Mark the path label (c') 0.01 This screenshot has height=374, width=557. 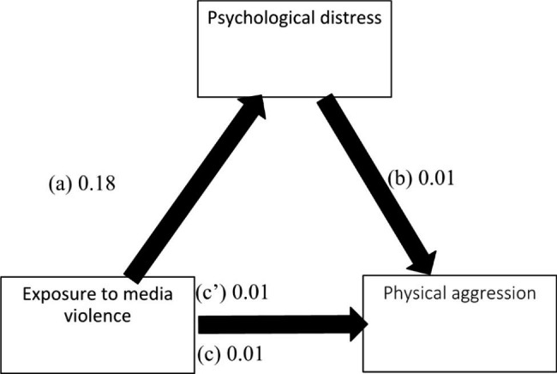pos(234,294)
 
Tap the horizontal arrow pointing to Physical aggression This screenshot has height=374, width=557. pos(274,323)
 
